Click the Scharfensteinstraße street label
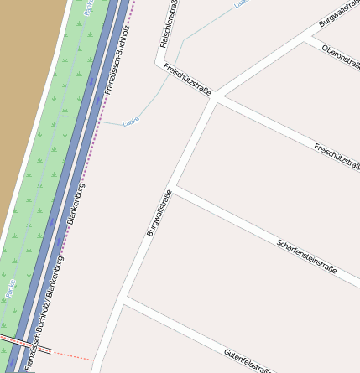[x=306, y=256]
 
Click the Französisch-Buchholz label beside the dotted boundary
[x=117, y=59]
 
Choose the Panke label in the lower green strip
[x=10, y=288]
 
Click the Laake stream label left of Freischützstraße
[x=130, y=122]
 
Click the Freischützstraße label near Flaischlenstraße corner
[x=186, y=79]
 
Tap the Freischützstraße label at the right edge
[x=337, y=158]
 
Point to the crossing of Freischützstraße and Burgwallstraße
[x=217, y=97]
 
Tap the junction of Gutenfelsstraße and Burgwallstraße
[x=124, y=298]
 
